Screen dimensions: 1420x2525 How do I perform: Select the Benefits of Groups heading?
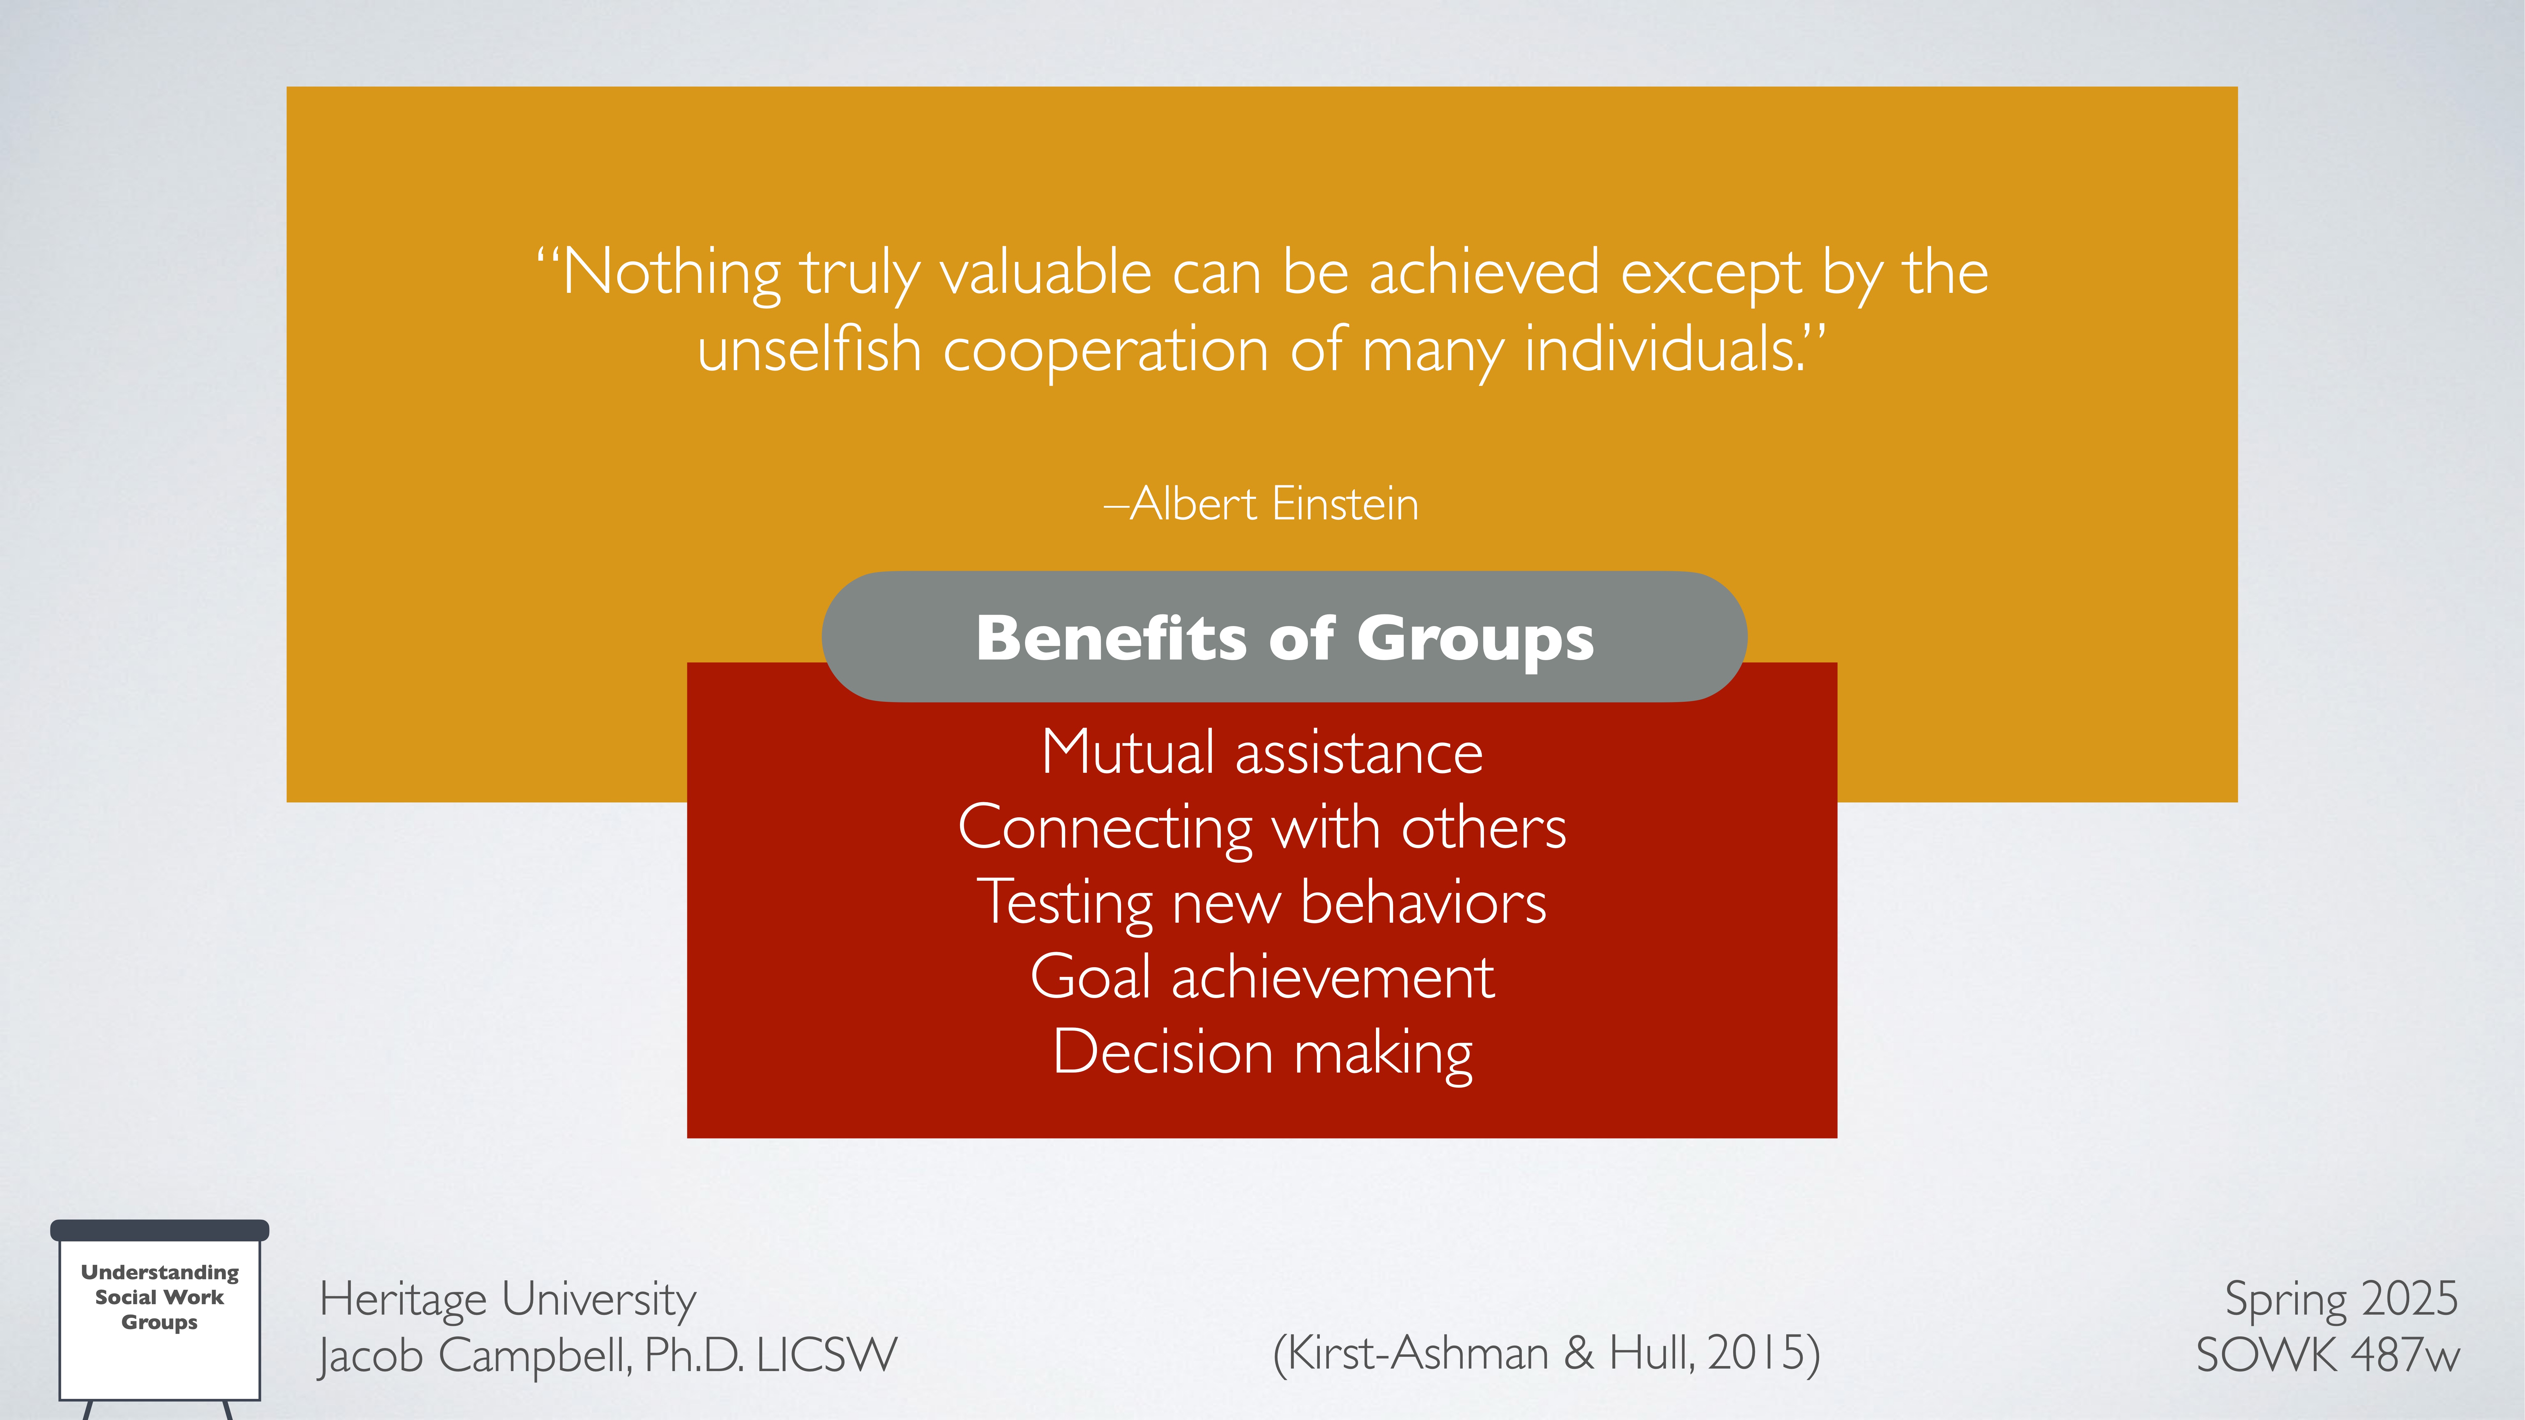click(x=1284, y=638)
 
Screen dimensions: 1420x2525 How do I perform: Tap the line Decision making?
click(x=1262, y=1052)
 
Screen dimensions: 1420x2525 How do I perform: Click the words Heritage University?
click(x=508, y=1299)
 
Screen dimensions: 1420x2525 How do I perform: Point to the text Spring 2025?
click(x=2341, y=1299)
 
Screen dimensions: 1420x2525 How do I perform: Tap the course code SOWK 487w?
click(x=2327, y=1355)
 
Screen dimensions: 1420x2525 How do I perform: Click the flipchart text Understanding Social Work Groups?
click(x=160, y=1297)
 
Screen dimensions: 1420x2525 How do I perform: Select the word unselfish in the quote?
click(x=810, y=350)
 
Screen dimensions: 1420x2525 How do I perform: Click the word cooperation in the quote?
click(x=1106, y=350)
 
